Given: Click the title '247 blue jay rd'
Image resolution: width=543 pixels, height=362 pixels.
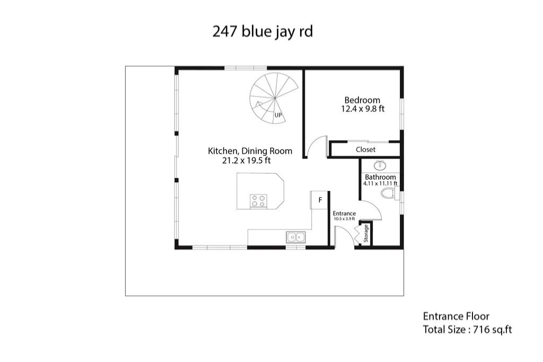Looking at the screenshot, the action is click(x=262, y=32).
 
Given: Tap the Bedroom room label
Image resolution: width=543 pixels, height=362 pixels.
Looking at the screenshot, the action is click(x=362, y=100).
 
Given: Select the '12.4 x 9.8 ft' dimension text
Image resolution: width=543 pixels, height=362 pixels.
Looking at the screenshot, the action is click(x=363, y=109).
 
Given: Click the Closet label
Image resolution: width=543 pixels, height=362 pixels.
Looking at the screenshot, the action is click(x=365, y=149).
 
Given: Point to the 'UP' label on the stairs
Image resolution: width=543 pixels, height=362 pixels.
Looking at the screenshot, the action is click(x=278, y=115).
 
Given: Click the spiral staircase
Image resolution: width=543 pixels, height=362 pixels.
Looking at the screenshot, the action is click(x=274, y=98).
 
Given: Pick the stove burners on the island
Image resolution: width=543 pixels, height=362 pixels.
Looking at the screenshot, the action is click(x=259, y=201).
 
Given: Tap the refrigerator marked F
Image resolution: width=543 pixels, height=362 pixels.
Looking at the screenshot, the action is click(x=319, y=200).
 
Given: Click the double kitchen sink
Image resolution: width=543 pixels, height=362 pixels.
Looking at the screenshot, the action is click(x=296, y=237).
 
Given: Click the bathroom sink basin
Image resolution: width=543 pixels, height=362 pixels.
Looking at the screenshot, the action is click(x=381, y=165).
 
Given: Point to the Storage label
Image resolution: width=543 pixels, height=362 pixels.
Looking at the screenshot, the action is click(x=366, y=233).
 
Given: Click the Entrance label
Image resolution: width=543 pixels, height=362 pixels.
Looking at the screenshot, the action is click(x=344, y=214).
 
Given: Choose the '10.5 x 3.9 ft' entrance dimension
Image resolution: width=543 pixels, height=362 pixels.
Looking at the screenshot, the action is click(x=344, y=219).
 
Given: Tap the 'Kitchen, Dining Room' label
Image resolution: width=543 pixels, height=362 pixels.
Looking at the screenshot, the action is click(x=250, y=151).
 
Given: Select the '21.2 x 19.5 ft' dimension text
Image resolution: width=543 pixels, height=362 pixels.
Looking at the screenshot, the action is click(x=246, y=161).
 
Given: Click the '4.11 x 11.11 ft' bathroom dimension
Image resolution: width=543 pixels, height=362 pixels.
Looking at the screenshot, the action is click(x=380, y=183).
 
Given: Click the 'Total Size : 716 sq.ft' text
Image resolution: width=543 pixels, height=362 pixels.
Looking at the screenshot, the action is click(x=467, y=330).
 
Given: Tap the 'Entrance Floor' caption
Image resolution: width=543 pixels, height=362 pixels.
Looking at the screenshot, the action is click(x=456, y=316).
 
